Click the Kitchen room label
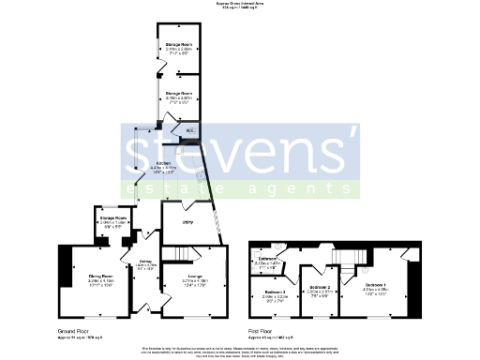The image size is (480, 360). click(x=163, y=162)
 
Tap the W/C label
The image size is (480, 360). click(x=188, y=130)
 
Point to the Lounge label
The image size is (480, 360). click(x=195, y=276)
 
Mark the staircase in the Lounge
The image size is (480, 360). click(x=177, y=254)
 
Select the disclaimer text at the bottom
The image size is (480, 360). click(x=240, y=351)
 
